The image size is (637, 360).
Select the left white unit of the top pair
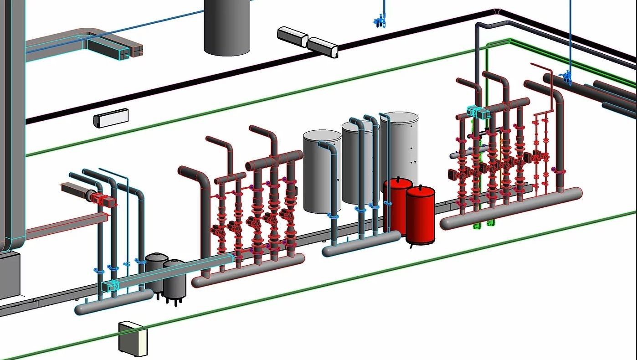(292, 36)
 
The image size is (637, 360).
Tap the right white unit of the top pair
(323, 47)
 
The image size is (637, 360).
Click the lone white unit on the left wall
(111, 118)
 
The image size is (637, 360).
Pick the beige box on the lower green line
(133, 339)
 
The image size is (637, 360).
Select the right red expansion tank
(420, 214)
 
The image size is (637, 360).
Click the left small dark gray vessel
(156, 271)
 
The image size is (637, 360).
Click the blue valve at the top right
(567, 77)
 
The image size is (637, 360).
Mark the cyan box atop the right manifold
(477, 112)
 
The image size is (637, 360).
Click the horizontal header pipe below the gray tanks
(362, 244)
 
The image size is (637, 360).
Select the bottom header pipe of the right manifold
(510, 210)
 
